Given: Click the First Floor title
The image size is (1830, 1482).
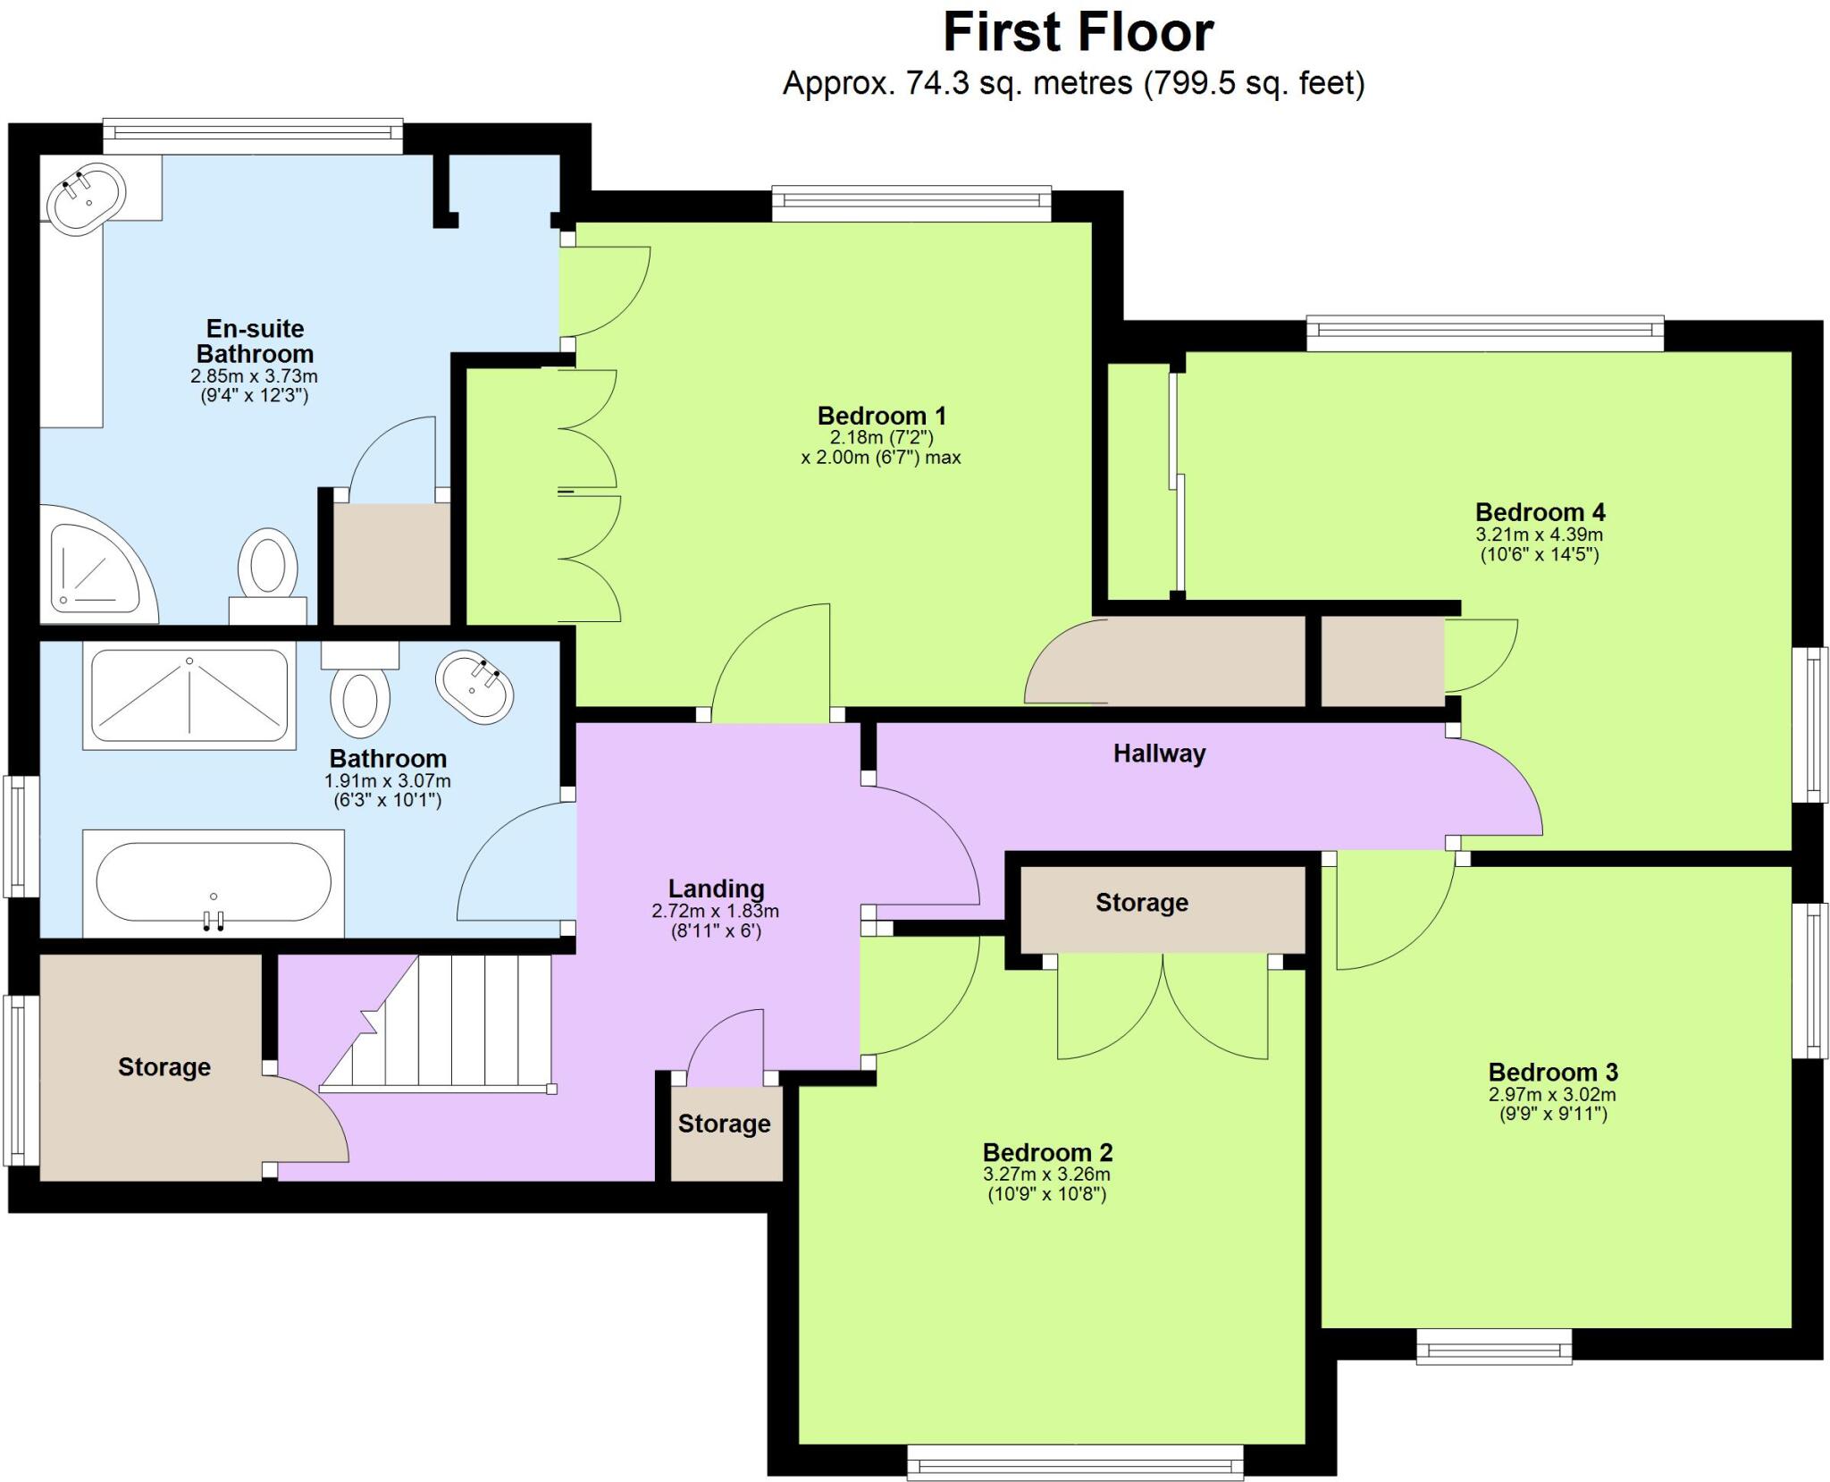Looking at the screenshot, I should [x=1078, y=33].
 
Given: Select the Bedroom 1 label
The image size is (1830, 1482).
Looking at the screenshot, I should [x=881, y=416].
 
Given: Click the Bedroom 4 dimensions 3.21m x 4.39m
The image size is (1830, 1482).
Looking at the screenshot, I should [x=1539, y=535].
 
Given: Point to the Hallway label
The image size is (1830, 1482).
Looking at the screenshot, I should [x=1159, y=754].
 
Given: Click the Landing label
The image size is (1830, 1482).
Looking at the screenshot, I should [x=716, y=888].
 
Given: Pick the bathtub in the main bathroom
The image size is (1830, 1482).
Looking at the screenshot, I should [x=213, y=883].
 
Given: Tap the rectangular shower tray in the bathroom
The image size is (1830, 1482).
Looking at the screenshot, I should [x=189, y=698].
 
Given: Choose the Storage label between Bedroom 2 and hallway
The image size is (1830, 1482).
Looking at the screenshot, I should [x=1141, y=903].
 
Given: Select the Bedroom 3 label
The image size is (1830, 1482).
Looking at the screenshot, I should [x=1553, y=1072].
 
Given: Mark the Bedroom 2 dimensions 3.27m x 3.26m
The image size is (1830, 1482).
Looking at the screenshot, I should [x=1046, y=1175].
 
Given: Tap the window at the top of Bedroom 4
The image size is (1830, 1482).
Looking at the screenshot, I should [x=1484, y=333].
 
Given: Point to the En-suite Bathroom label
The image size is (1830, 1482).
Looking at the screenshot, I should [x=255, y=341].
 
